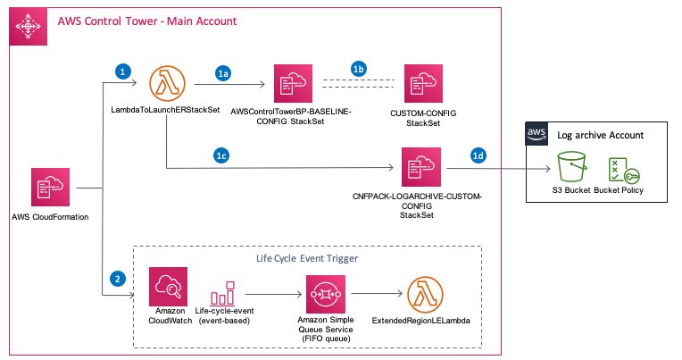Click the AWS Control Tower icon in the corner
[29, 28]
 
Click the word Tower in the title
[143, 21]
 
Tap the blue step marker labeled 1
[123, 70]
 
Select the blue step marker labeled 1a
[224, 74]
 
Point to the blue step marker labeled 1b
[359, 69]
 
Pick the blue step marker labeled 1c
[222, 155]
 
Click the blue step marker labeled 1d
[478, 156]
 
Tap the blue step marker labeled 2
[117, 278]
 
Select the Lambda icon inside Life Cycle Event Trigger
[425, 293]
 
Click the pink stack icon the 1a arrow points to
[293, 85]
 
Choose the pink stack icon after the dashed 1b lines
[421, 85]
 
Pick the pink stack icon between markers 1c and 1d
[420, 167]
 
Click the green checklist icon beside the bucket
[622, 171]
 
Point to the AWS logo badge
[536, 133]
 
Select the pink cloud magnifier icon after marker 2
[168, 288]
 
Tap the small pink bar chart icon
[221, 293]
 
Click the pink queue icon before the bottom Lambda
[325, 294]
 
